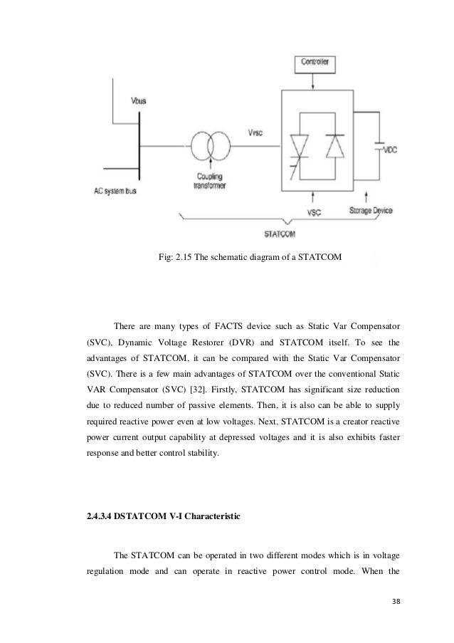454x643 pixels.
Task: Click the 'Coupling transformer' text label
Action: [x=208, y=184]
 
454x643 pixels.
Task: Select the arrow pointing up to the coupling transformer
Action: [x=209, y=168]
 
